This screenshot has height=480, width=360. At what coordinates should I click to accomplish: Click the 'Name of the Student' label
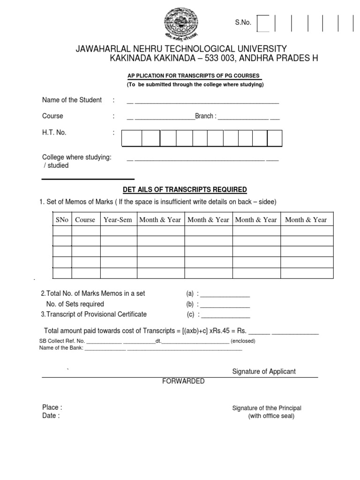pos(72,100)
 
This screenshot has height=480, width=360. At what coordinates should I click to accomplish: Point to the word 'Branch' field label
pos(204,116)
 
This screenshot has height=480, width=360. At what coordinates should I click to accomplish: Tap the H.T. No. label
pos(54,133)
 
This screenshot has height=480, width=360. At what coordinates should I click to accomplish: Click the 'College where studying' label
pos(77,157)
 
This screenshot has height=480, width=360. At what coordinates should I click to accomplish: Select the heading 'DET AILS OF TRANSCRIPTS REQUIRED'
pos(185,189)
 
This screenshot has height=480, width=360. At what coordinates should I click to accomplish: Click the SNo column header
pos(61,219)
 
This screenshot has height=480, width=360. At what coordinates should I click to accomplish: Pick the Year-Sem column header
pos(118,219)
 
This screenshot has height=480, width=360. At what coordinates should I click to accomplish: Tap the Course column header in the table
pos(85,219)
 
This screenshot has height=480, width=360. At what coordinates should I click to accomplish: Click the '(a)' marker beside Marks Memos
pos(190,293)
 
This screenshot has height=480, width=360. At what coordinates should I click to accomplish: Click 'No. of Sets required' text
pos(75,304)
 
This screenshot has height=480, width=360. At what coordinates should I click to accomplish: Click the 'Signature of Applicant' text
pos(264,371)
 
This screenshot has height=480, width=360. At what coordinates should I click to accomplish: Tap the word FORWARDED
pos(183,381)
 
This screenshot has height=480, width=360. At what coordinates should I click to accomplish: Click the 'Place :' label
pos(52,407)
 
